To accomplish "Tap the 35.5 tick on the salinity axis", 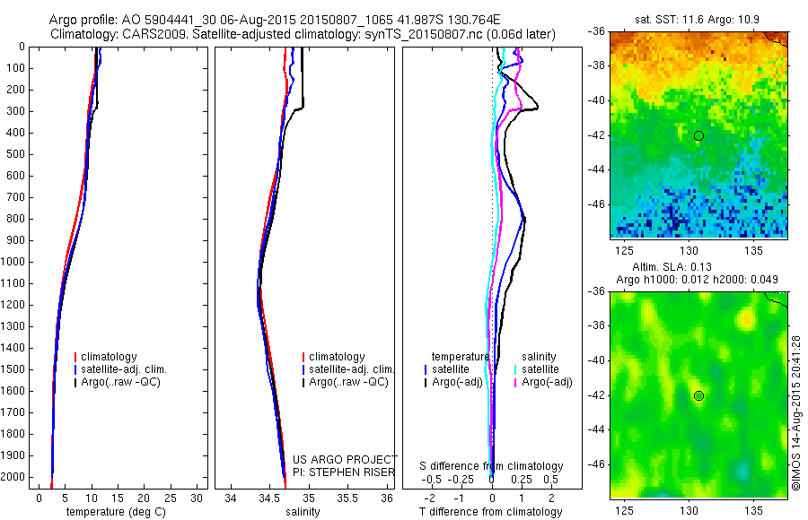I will (347, 498).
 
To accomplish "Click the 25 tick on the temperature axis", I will (171, 498).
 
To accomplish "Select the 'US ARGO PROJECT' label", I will (345, 460).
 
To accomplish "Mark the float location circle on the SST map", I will (698, 136).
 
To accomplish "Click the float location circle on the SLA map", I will (698, 395).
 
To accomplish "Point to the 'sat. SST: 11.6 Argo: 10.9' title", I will (698, 19).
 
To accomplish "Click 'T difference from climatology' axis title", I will (490, 512).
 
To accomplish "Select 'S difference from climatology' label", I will (492, 466).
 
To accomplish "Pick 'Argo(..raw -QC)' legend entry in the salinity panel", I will (348, 382).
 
